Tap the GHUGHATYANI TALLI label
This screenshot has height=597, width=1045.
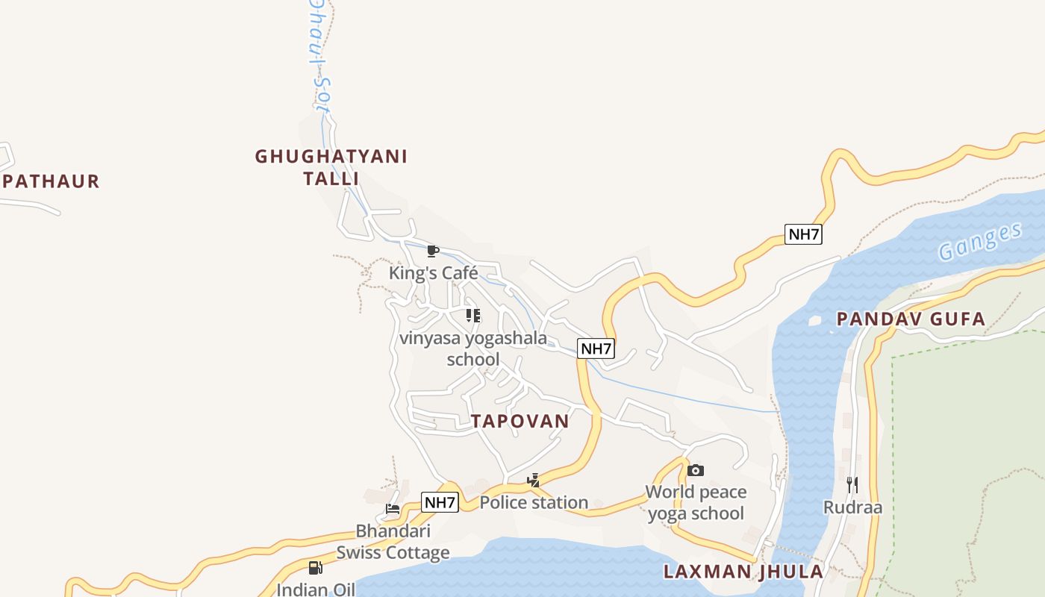click(331, 167)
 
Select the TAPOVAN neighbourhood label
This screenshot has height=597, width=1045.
click(520, 421)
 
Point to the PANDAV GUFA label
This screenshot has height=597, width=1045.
click(911, 319)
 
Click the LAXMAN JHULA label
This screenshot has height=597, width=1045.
click(743, 572)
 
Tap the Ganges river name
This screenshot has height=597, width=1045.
click(979, 241)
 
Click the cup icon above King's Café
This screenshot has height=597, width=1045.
click(432, 251)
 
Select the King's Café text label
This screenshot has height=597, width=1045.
click(433, 273)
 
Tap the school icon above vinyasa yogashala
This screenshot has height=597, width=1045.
click(473, 316)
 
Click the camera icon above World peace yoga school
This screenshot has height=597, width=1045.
click(696, 470)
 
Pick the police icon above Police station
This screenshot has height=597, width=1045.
click(533, 481)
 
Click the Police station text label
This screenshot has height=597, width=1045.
click(534, 503)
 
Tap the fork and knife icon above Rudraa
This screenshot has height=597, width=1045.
click(852, 485)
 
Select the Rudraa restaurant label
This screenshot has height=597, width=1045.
click(852, 508)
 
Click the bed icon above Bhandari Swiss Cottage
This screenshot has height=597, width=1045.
click(393, 509)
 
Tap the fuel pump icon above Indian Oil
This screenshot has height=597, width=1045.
click(316, 568)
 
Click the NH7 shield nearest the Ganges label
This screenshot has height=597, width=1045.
click(804, 234)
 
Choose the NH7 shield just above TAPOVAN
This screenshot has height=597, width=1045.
click(596, 348)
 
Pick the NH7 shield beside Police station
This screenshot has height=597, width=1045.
click(440, 502)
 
